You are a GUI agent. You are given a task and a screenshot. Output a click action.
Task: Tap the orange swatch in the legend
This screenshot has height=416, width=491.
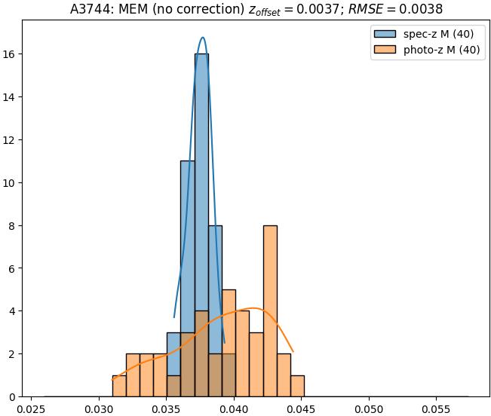[383, 51]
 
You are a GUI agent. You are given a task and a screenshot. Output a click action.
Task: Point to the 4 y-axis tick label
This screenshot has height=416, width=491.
[13, 311]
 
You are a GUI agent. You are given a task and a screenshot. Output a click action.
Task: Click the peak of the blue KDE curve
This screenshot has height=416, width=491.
[202, 37]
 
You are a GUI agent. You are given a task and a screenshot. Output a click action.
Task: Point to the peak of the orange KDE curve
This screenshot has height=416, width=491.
[255, 308]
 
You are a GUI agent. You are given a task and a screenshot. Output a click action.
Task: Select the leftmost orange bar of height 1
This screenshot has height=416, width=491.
[119, 386]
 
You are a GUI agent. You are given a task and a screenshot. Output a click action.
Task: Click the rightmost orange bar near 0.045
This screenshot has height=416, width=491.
[297, 386]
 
